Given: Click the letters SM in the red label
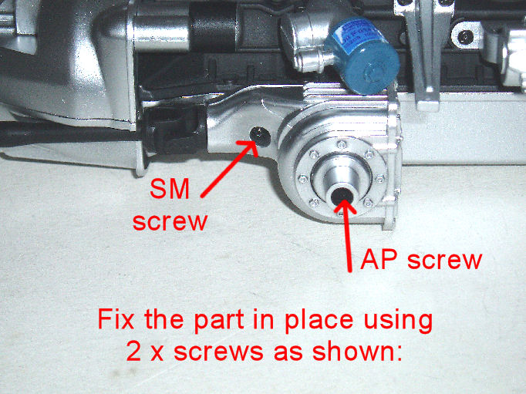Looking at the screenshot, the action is click(x=170, y=189).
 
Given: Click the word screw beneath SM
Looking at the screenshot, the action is click(x=170, y=221).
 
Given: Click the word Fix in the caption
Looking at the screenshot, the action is click(x=116, y=318).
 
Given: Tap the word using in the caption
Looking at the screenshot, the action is click(x=398, y=320).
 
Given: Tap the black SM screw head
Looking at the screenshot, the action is click(x=261, y=136).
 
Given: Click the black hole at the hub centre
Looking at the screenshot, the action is click(x=342, y=197).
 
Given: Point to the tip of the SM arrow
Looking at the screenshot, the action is click(x=256, y=143).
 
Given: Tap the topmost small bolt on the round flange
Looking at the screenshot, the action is click(x=342, y=144).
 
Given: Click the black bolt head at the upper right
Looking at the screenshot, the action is click(x=464, y=36).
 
